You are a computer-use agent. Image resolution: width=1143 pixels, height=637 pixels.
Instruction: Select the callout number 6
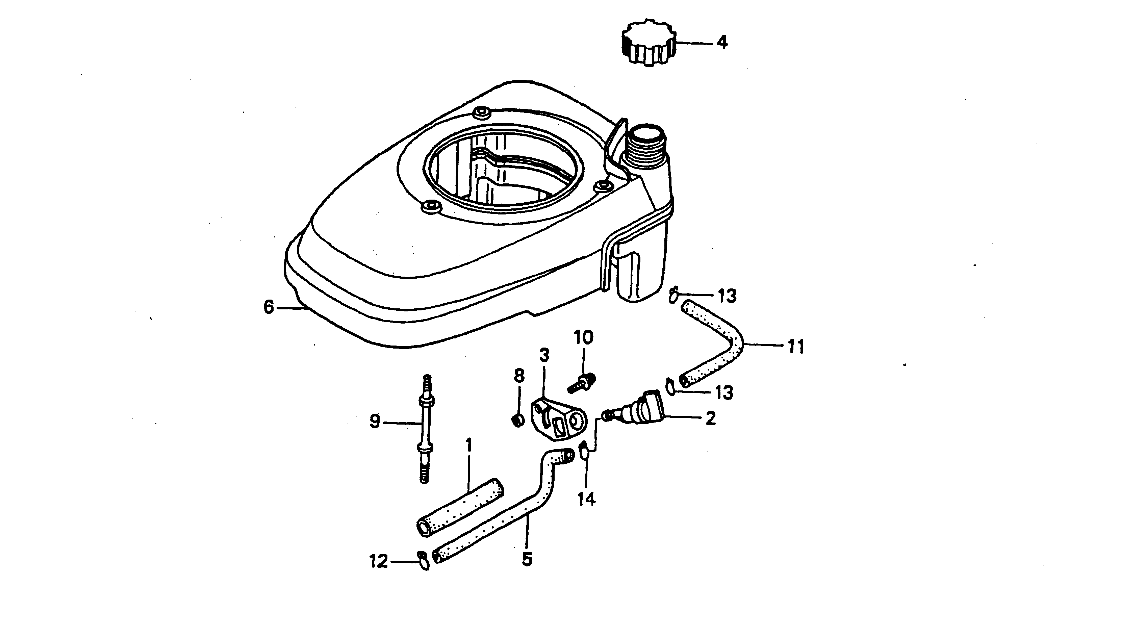point(269,307)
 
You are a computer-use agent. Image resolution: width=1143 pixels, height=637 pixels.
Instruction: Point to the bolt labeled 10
point(582,383)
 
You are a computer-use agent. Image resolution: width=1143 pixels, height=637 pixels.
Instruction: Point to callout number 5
point(527,559)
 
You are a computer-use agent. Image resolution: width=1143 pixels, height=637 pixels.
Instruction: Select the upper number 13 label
point(727,296)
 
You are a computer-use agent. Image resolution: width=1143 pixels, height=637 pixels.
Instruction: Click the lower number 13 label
point(724,392)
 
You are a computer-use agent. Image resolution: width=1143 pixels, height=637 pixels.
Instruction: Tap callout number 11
point(795,347)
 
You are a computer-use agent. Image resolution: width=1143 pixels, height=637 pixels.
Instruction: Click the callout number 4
point(722,43)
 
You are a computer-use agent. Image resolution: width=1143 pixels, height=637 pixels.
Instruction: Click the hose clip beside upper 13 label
point(674,295)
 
